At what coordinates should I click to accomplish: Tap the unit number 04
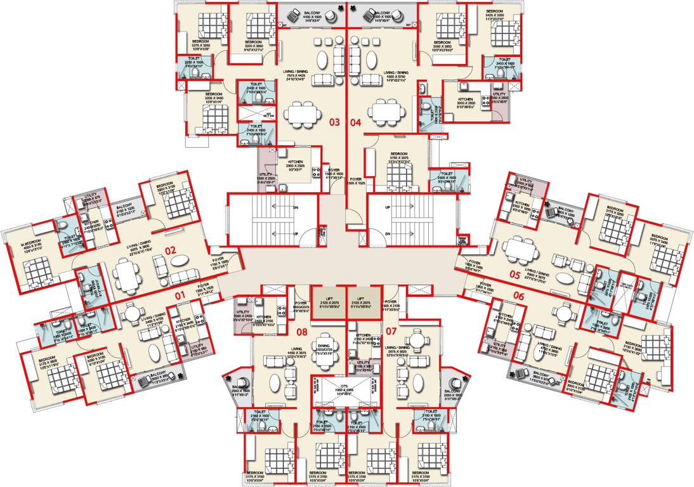tap(355, 122)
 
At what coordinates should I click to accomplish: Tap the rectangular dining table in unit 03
tap(302, 114)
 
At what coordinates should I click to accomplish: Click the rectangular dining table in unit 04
tap(385, 114)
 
